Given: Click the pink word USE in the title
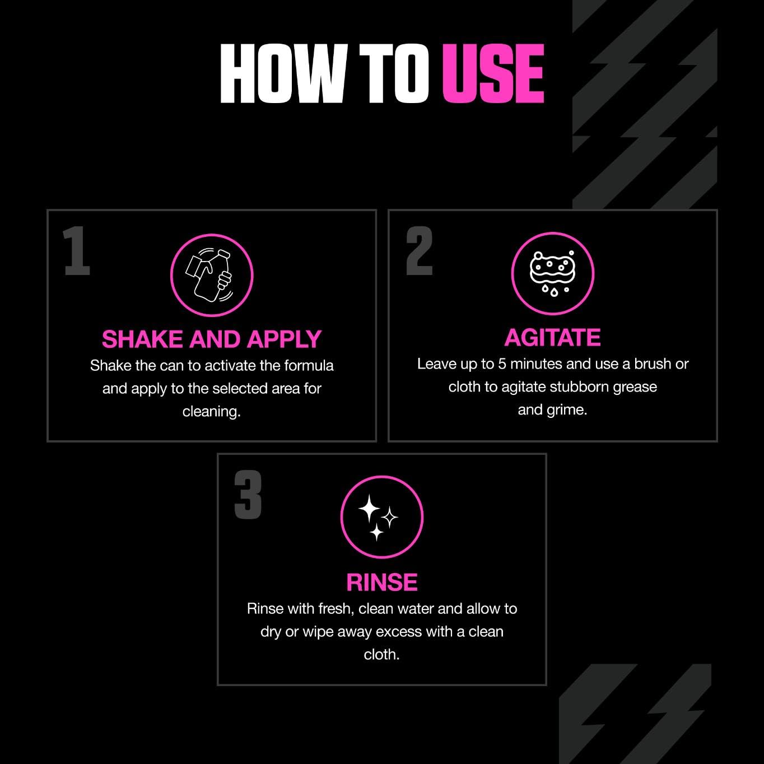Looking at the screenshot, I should tap(493, 74).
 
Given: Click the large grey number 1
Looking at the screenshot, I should tap(77, 251).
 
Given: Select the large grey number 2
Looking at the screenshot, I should tap(420, 251).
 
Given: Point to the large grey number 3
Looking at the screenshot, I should tap(248, 495).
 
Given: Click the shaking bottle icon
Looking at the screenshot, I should tap(212, 276).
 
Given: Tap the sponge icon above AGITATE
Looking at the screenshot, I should tap(552, 274).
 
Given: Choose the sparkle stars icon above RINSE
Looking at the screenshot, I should tap(381, 517).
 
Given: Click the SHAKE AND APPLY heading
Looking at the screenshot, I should tap(212, 339).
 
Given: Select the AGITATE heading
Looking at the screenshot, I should tap(552, 338).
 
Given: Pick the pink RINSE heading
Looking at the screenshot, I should tap(381, 583).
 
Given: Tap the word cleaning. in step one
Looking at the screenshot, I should tap(212, 412).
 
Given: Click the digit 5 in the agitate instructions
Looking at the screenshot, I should tap(502, 364).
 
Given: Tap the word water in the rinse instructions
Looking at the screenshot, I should tap(416, 609).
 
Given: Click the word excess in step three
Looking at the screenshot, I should tap(399, 632).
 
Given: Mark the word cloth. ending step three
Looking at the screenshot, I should tap(381, 655).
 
